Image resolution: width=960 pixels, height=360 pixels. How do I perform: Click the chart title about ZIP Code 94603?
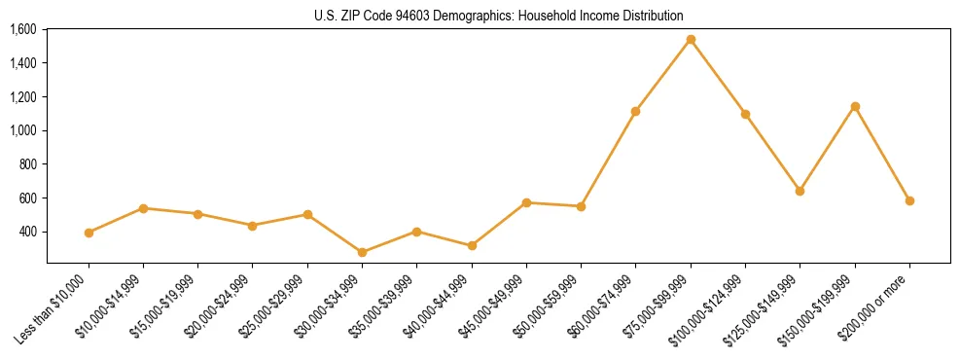[499, 16]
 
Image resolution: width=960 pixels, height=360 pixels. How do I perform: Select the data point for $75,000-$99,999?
[691, 40]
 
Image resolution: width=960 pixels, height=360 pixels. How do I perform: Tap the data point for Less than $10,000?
[89, 233]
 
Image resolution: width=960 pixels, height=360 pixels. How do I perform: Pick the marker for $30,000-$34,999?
[362, 252]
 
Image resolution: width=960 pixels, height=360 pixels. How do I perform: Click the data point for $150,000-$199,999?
[855, 106]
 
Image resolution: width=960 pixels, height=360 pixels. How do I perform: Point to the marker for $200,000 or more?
[909, 200]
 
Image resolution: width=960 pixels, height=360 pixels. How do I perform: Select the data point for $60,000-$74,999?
[635, 111]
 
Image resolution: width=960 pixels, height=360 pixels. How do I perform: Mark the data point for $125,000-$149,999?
[800, 191]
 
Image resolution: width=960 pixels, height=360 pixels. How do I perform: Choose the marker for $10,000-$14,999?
[143, 208]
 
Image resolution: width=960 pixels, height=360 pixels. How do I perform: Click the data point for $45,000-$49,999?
[526, 202]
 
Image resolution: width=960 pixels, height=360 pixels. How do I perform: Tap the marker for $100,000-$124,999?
[745, 114]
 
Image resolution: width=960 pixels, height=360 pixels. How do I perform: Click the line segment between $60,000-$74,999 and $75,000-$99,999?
[663, 75]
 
